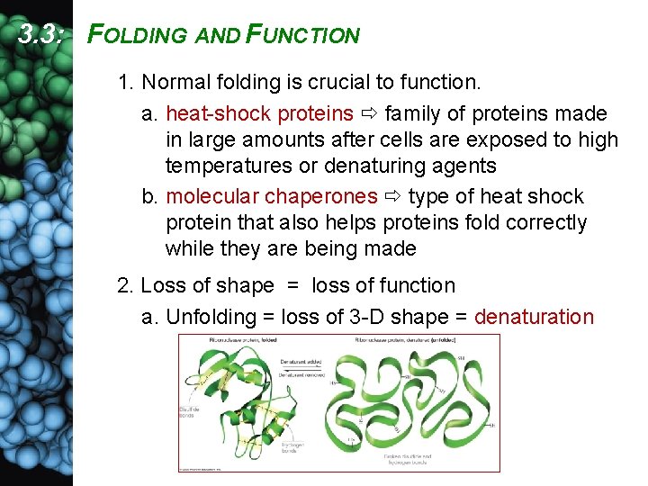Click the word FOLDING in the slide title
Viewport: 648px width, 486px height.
click(x=139, y=36)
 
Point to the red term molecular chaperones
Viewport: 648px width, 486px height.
click(x=272, y=197)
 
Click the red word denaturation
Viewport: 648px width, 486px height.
click(x=534, y=317)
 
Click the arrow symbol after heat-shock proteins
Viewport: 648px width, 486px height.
click(x=367, y=115)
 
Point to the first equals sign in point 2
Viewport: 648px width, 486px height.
click(x=292, y=286)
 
